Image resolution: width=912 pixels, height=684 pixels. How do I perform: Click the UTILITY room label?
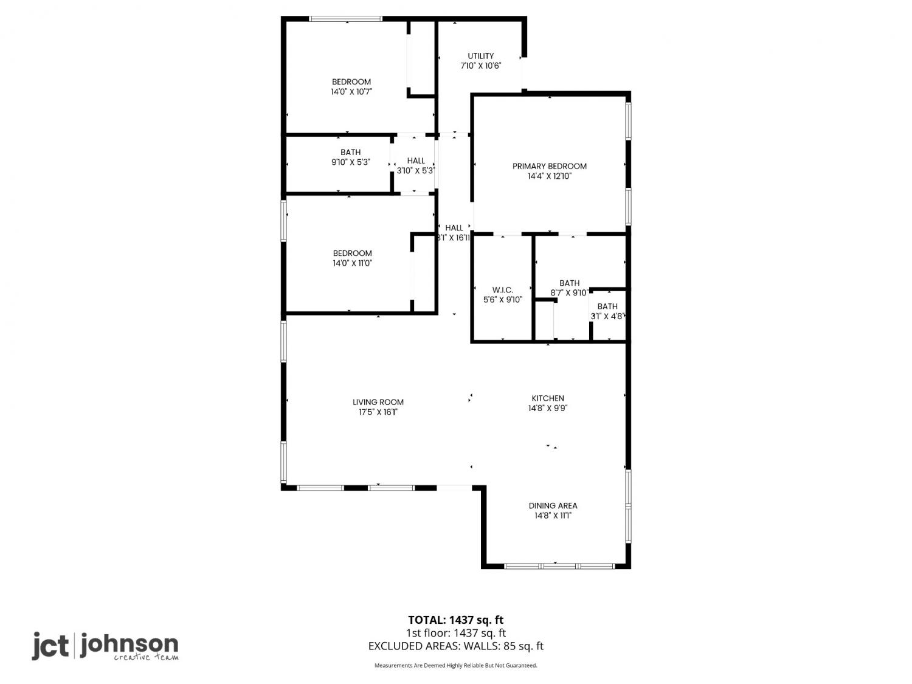(481, 56)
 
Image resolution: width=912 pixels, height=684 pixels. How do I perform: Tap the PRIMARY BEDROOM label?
(549, 166)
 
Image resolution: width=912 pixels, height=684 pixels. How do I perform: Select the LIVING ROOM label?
(378, 402)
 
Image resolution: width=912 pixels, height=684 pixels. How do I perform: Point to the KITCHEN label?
(548, 398)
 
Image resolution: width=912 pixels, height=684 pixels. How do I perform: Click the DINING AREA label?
(553, 506)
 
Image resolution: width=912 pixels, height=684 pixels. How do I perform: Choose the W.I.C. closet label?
(503, 290)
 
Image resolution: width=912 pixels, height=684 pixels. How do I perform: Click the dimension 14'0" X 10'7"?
(351, 92)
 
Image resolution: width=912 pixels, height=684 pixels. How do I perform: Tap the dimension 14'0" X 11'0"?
(352, 263)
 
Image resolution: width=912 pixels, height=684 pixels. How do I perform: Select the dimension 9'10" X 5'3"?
(351, 162)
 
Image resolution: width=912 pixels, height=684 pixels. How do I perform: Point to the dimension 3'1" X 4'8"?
(607, 316)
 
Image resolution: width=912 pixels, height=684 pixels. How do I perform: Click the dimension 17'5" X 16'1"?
(378, 412)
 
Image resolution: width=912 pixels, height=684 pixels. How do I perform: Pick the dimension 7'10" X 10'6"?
(481, 66)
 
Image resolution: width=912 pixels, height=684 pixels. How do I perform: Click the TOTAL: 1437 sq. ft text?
(456, 620)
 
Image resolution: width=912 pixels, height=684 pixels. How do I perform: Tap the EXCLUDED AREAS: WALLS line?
(456, 646)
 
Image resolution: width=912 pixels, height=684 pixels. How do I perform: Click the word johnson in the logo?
(130, 645)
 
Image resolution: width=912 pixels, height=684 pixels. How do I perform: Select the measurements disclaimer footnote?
(456, 665)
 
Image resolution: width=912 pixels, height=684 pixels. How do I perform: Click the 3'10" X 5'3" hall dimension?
(415, 170)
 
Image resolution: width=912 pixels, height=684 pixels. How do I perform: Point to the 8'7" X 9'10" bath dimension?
(569, 293)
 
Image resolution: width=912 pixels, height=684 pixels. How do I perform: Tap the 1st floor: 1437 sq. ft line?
(456, 633)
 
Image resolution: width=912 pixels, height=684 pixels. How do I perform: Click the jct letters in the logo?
(50, 645)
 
